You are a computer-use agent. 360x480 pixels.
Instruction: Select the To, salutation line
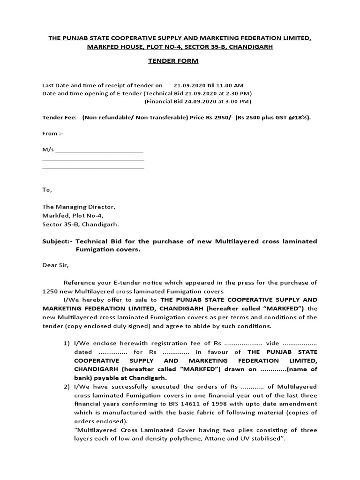pyautogui.click(x=47, y=190)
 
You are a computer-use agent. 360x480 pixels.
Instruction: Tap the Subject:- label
pyautogui.click(x=57, y=241)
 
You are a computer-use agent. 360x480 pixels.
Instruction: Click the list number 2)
pyautogui.click(x=67, y=386)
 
